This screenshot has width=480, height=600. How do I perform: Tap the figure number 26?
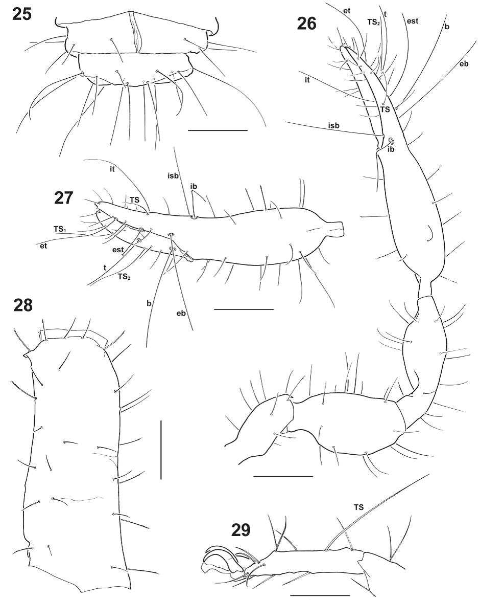[x=306, y=24]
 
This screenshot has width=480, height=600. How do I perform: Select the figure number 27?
[x=63, y=198]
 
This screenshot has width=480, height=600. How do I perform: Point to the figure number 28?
[x=22, y=306]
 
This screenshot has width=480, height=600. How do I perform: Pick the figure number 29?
[x=241, y=530]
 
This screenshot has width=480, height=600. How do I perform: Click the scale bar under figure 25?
[x=218, y=130]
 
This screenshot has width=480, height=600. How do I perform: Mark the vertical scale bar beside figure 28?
[x=161, y=450]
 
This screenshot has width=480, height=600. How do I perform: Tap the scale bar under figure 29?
[x=320, y=595]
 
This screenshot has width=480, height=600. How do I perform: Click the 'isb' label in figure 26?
[x=334, y=125]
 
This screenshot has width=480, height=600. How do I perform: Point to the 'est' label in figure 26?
[x=413, y=21]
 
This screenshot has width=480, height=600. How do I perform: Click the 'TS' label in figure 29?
[x=358, y=507]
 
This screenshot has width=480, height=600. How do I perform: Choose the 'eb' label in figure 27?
[x=181, y=314]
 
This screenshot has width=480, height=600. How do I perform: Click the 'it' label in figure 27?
[x=112, y=169]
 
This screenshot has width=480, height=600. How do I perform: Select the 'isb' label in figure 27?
[x=173, y=176]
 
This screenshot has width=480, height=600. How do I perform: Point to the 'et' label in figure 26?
[x=347, y=11]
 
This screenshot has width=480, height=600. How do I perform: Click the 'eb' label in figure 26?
[x=464, y=64]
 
